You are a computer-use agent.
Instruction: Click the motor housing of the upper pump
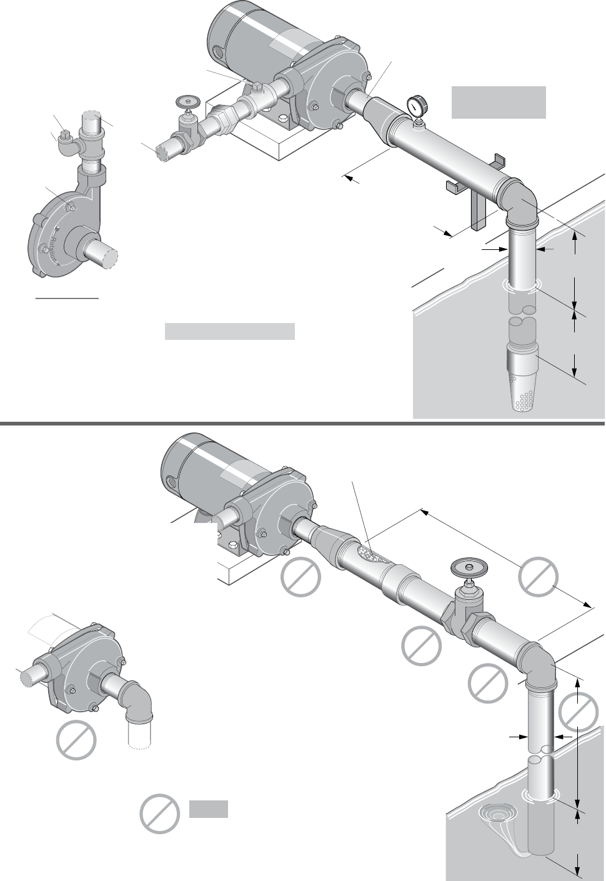[250, 37]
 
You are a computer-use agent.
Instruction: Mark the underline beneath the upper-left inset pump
[67, 299]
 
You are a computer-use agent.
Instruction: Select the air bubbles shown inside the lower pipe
[369, 553]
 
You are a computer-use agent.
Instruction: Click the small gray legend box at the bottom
[208, 809]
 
